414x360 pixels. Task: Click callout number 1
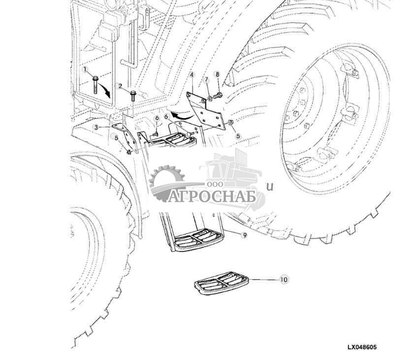(x=85, y=70)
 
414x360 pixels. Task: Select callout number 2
(x=121, y=86)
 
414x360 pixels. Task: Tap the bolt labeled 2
(x=133, y=96)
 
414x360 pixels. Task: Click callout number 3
(x=96, y=128)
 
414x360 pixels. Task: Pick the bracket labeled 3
(x=126, y=137)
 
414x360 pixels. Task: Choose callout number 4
(x=191, y=75)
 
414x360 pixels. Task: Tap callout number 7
(x=207, y=79)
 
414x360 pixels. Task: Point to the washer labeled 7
(x=209, y=99)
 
